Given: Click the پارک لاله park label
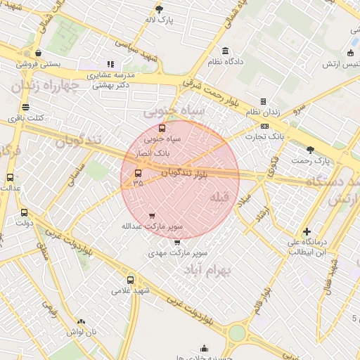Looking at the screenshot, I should [x=159, y=20].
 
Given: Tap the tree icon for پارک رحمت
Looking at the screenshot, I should [x=311, y=149].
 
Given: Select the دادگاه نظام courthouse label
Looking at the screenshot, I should [x=225, y=62].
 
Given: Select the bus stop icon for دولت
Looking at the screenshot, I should [x=25, y=212].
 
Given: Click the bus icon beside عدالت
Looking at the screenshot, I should [x=10, y=177].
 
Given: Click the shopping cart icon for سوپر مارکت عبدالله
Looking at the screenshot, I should [x=153, y=215].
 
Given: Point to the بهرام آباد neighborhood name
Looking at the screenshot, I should [x=207, y=271].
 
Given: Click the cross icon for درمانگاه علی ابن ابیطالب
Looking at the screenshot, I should [x=307, y=231].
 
